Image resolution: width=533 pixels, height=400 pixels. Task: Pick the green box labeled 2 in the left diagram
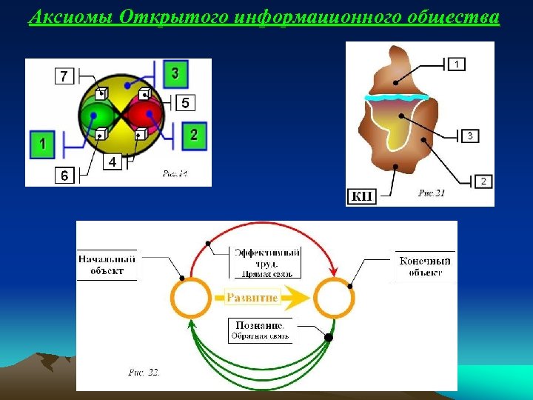pos(193,134)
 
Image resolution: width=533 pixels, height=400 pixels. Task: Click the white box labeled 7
pos(64,76)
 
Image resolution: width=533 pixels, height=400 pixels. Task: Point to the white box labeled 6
pos(64,176)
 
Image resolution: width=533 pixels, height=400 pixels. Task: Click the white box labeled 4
pos(112,161)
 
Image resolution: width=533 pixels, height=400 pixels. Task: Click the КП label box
pos(362,196)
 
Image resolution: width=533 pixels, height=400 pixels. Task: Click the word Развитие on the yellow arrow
pos(252,298)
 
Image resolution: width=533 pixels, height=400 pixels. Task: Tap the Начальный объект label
pos(107,265)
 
